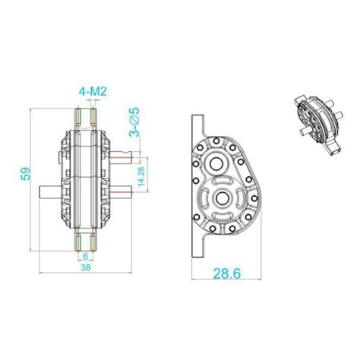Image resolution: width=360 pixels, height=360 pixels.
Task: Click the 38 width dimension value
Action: pos(85,268)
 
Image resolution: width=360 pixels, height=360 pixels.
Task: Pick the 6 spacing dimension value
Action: pos(85,255)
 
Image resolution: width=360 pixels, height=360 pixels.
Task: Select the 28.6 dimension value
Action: pos(222,272)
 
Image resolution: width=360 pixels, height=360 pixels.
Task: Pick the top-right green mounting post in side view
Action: pos(93,118)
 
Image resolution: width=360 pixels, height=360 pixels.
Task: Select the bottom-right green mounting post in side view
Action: pos(93,242)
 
